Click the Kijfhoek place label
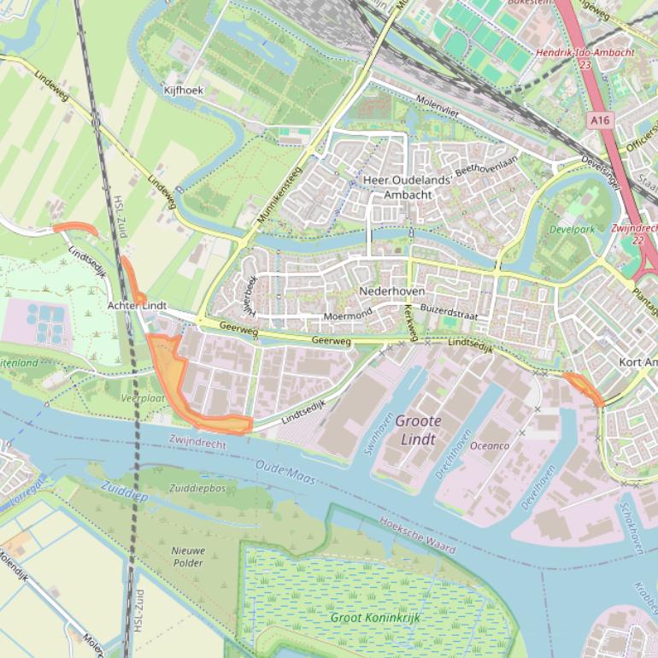(184, 89)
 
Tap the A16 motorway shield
(600, 121)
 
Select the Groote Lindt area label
(418, 430)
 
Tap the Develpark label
(573, 230)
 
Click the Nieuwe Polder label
(187, 557)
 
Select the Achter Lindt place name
(137, 305)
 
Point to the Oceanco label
(491, 445)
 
